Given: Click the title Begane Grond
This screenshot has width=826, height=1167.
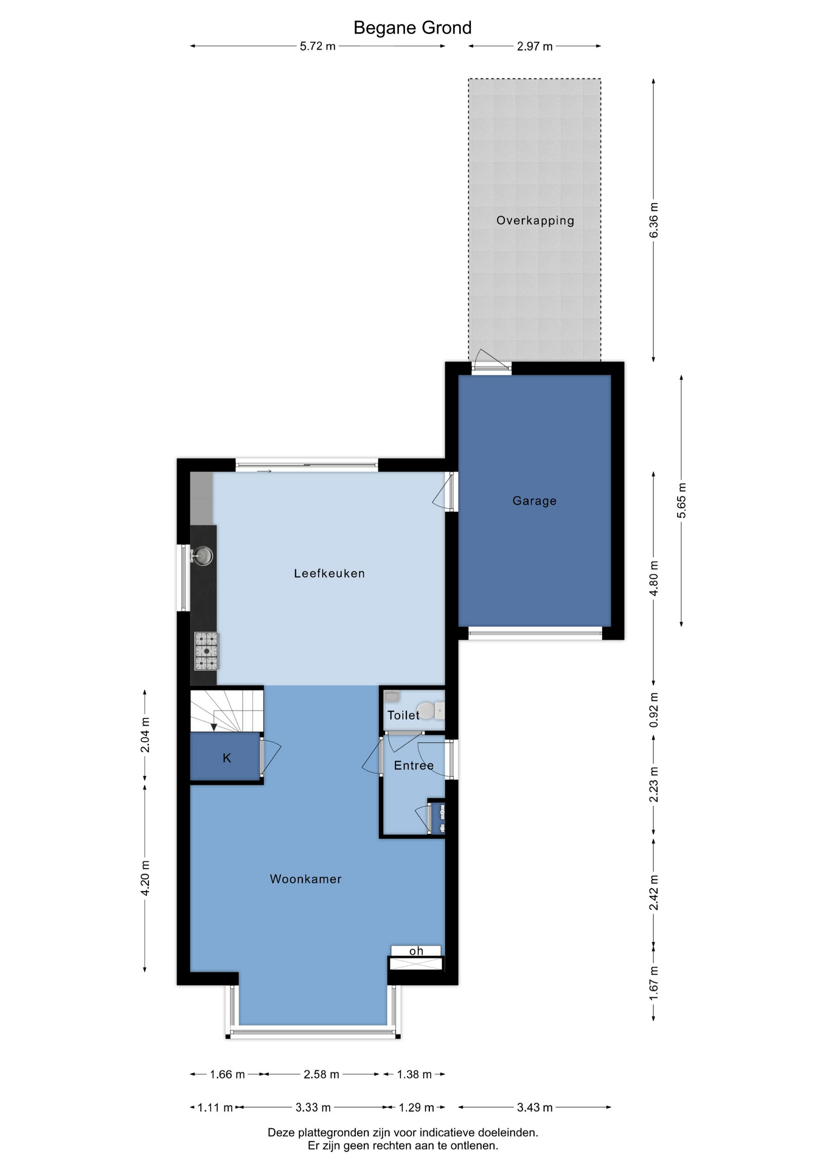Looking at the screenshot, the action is click(x=412, y=28).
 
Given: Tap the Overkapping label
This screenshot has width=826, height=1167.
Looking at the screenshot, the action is click(x=535, y=221).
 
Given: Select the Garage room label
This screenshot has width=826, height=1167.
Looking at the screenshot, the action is click(x=535, y=501).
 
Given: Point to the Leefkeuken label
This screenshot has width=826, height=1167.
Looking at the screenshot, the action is click(x=329, y=573).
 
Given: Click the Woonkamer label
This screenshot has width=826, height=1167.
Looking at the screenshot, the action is click(x=306, y=879).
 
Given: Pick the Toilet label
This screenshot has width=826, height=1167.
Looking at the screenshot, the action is click(x=403, y=715).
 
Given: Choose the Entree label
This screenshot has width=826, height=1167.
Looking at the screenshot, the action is click(x=414, y=766).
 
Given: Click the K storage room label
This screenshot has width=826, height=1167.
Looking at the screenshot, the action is click(x=227, y=758).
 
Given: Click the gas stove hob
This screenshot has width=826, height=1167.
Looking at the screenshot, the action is click(x=207, y=651).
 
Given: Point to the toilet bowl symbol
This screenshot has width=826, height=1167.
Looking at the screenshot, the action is click(x=431, y=711).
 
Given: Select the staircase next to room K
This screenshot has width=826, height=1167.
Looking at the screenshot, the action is click(x=226, y=711).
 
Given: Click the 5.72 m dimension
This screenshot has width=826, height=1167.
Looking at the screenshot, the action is click(x=318, y=46).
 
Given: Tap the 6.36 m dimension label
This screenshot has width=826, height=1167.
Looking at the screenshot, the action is click(x=654, y=221).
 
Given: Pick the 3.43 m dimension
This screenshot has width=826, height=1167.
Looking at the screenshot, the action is click(x=535, y=1107).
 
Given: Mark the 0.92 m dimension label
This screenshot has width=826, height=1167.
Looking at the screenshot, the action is click(x=654, y=710).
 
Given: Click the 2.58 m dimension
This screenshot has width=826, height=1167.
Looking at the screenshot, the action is click(x=321, y=1075).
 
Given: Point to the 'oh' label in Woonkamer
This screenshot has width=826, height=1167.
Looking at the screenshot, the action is click(x=416, y=951).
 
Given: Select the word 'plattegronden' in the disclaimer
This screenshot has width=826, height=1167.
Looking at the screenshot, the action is click(x=332, y=1133).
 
